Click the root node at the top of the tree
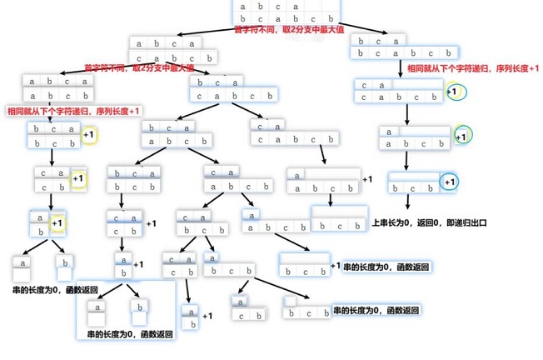pos(286,12)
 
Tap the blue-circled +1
pos(449,182)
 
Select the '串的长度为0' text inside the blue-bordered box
pos(130,334)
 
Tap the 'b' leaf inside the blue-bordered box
pos(141,312)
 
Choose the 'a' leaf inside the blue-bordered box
pos(97,312)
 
